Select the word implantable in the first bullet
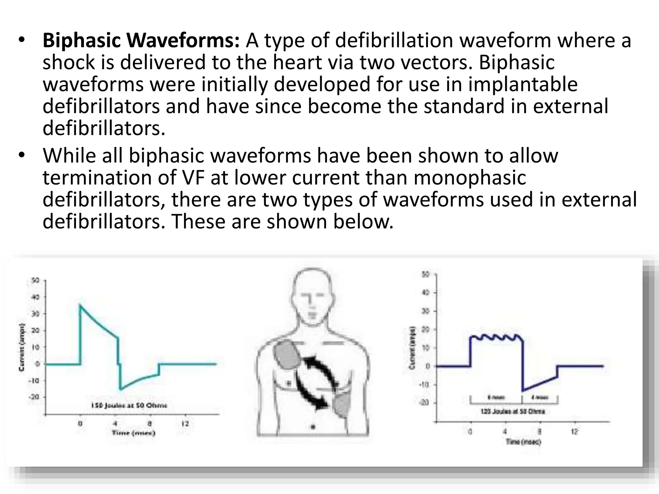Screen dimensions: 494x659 523,84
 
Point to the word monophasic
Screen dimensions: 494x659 470,178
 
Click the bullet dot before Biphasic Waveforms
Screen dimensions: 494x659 22,40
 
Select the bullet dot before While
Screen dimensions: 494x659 22,155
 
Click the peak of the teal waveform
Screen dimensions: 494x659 80,305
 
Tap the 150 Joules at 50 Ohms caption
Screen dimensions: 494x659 129,405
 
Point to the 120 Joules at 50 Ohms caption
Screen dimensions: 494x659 513,411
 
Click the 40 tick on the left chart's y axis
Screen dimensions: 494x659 35,297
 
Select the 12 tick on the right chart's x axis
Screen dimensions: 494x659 574,432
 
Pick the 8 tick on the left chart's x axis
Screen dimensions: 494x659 150,424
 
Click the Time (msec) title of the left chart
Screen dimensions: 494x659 134,433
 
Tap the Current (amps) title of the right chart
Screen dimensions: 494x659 412,348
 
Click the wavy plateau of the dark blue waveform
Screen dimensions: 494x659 496,338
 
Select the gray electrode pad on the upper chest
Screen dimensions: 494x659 287,355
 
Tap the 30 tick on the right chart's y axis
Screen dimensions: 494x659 425,311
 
